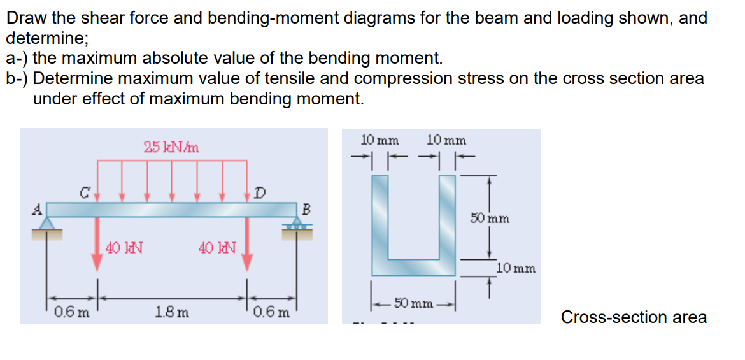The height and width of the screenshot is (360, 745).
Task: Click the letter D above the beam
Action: point(258,192)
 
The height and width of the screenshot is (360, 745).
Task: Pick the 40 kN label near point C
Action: point(124,247)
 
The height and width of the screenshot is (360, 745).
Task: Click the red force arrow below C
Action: point(97,245)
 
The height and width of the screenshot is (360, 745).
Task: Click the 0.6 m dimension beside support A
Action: point(71,312)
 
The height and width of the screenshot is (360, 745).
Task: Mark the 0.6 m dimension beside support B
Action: point(273,312)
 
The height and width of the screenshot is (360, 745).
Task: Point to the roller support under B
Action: point(296,226)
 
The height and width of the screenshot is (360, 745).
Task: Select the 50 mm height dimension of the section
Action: point(490,219)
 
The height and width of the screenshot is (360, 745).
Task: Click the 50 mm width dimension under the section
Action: point(413,301)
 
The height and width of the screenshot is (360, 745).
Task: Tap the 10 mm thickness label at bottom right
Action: point(516,269)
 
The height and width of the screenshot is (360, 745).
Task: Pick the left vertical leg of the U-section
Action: point(380,217)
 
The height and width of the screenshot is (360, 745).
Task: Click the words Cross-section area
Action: point(633,317)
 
